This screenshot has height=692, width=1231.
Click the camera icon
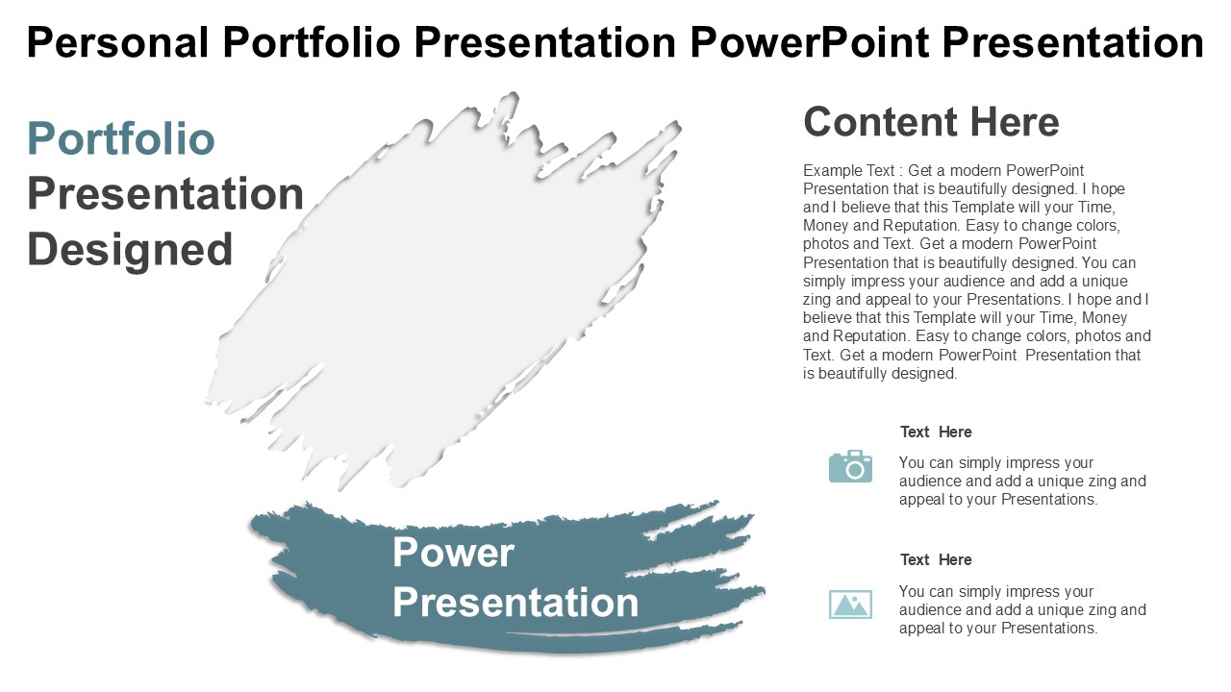(x=850, y=466)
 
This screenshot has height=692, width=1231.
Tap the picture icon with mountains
(x=850, y=605)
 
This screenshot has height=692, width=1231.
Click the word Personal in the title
(x=117, y=42)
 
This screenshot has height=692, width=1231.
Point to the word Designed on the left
(x=130, y=250)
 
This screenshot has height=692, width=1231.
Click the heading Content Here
(x=931, y=122)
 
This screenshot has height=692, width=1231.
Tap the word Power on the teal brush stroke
(x=453, y=553)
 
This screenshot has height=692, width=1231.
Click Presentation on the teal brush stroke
(x=515, y=603)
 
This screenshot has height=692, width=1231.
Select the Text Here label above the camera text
(x=936, y=432)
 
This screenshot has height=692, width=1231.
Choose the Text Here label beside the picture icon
(x=936, y=559)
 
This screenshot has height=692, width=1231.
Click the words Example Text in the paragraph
(x=848, y=171)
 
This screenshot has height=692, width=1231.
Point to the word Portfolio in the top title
(x=312, y=42)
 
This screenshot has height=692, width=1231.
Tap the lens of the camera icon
(x=855, y=470)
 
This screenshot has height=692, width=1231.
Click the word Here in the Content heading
(x=1015, y=122)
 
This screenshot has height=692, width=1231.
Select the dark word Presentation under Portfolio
(x=165, y=193)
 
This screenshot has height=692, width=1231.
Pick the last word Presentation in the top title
(x=1073, y=42)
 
